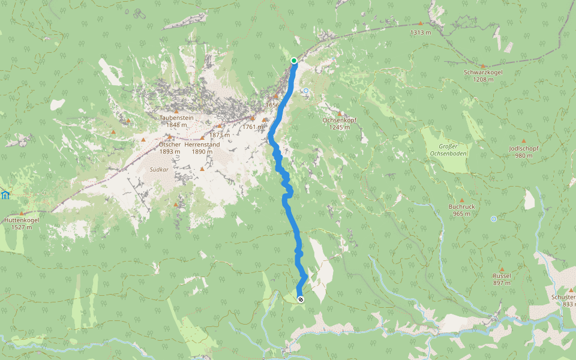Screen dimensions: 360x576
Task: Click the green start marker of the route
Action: (294, 61)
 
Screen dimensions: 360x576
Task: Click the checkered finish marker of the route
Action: (300, 299)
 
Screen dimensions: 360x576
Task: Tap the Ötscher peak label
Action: (170, 145)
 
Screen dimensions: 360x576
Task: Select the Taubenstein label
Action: (176, 118)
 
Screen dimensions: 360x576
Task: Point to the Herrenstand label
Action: (202, 145)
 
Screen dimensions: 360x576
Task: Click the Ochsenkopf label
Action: (340, 120)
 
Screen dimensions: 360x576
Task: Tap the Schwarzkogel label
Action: (483, 72)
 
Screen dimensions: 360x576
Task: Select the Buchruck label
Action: (462, 206)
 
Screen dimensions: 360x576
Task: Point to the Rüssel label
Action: (502, 275)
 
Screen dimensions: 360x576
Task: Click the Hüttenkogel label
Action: (22, 220)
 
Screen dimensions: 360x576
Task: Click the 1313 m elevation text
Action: (421, 32)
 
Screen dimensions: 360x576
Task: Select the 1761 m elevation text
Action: (254, 127)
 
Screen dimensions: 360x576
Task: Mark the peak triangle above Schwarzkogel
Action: (483, 65)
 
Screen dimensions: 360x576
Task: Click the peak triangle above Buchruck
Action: (462, 200)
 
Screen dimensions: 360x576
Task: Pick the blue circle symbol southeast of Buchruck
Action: (493, 219)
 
